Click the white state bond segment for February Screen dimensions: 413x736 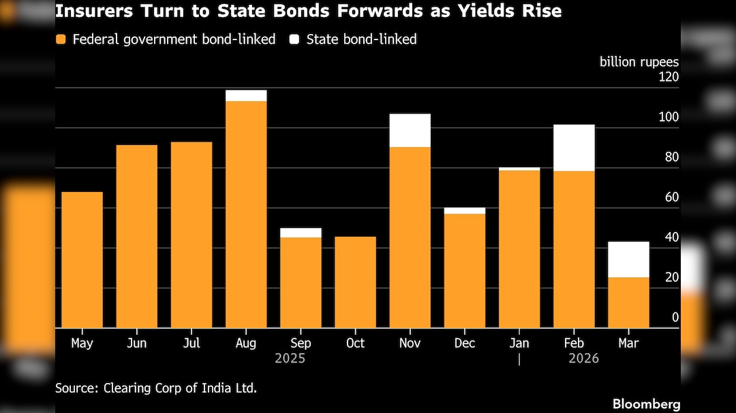coord(574,148)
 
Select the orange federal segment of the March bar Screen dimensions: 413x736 coord(628,302)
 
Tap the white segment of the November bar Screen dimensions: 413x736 coord(410,130)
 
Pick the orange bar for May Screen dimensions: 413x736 coord(82,259)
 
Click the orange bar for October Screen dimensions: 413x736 coord(355,282)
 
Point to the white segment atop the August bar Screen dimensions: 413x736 coord(246,95)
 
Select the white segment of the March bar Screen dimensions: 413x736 coord(628,259)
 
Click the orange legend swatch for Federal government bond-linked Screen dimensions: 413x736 coord(61,39)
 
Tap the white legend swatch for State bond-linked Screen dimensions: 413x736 coord(294,39)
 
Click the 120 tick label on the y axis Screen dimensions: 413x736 coord(669,77)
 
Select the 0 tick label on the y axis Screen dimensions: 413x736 coord(675,317)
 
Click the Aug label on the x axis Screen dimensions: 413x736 coord(246,344)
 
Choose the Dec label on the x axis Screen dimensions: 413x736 coord(465,344)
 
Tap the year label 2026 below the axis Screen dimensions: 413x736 coord(584,359)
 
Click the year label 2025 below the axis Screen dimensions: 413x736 coord(290,359)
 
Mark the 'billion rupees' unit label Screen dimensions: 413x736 coord(639,62)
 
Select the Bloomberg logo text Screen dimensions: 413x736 coord(646,404)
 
